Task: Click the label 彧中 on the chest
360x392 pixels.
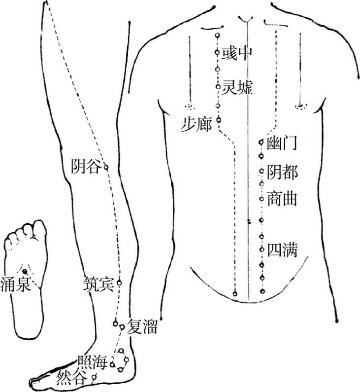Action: pyautogui.click(x=237, y=53)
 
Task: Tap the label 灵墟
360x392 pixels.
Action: pyautogui.click(x=237, y=88)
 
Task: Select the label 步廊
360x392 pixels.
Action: pyautogui.click(x=196, y=125)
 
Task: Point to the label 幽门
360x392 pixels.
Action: pyautogui.click(x=282, y=144)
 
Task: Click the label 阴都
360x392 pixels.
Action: pyautogui.click(x=282, y=172)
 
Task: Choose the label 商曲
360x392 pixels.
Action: pyautogui.click(x=282, y=200)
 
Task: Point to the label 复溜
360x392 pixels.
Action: pyautogui.click(x=142, y=327)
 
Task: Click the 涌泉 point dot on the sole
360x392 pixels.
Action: pyautogui.click(x=25, y=271)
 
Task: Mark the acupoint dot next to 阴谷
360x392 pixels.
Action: pyautogui.click(x=106, y=168)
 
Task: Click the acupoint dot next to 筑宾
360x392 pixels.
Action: pyautogui.click(x=119, y=283)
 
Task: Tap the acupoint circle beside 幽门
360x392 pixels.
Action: pyautogui.click(x=261, y=143)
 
